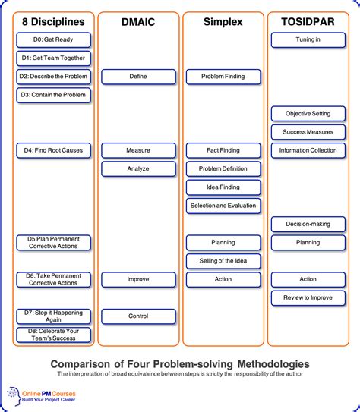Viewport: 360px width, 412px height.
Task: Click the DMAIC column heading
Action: pos(138,23)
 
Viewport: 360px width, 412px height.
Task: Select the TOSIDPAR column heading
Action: pos(308,23)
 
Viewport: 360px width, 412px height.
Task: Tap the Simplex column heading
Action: pos(223,23)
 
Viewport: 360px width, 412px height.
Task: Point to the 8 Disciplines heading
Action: pos(53,23)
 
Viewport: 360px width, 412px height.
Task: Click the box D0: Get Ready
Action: pos(53,39)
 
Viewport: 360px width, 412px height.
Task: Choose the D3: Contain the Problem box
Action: pos(53,95)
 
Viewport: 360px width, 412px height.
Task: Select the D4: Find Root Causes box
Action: pos(53,150)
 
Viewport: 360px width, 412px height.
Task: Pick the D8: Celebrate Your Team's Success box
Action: pos(53,335)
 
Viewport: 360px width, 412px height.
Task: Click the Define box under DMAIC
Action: pos(138,77)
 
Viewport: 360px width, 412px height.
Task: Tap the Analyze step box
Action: pos(138,168)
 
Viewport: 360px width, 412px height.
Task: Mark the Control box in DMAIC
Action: pos(138,316)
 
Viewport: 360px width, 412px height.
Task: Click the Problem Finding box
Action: pos(223,77)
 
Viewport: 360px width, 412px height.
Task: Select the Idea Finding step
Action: pos(223,187)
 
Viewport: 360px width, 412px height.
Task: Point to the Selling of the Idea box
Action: pos(223,261)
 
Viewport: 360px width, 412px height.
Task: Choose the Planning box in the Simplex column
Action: pos(223,243)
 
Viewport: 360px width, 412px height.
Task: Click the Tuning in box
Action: pos(308,39)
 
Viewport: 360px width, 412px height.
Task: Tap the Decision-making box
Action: pos(308,224)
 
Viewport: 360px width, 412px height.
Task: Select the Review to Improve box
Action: pos(308,297)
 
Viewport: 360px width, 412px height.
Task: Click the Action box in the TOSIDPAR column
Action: pos(308,279)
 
